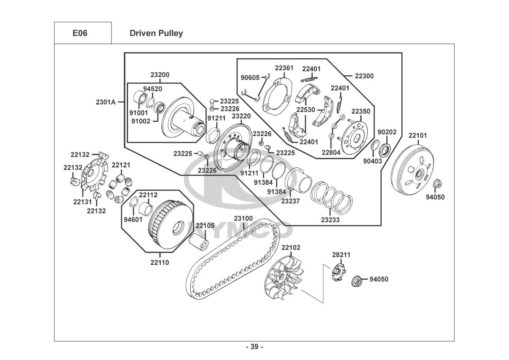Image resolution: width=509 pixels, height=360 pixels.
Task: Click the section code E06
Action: tap(80, 33)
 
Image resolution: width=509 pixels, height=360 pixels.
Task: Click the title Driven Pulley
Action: tap(156, 33)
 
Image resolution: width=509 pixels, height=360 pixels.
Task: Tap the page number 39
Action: tap(254, 347)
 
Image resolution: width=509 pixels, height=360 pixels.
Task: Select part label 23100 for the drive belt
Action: tap(243, 219)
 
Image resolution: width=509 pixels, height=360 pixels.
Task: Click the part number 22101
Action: tap(418, 136)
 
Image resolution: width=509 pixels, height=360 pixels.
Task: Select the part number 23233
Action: tap(330, 220)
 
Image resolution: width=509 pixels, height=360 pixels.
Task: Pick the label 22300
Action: tap(364, 76)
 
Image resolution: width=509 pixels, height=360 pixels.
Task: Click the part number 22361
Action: tap(284, 68)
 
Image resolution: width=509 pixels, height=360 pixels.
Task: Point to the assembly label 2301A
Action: tap(106, 102)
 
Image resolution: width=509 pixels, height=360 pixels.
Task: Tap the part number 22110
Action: tap(160, 262)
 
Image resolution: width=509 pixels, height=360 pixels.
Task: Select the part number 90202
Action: tap(387, 132)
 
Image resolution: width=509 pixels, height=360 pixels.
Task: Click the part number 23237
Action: tap(290, 201)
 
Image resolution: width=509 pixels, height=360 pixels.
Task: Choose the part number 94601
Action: tap(133, 220)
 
